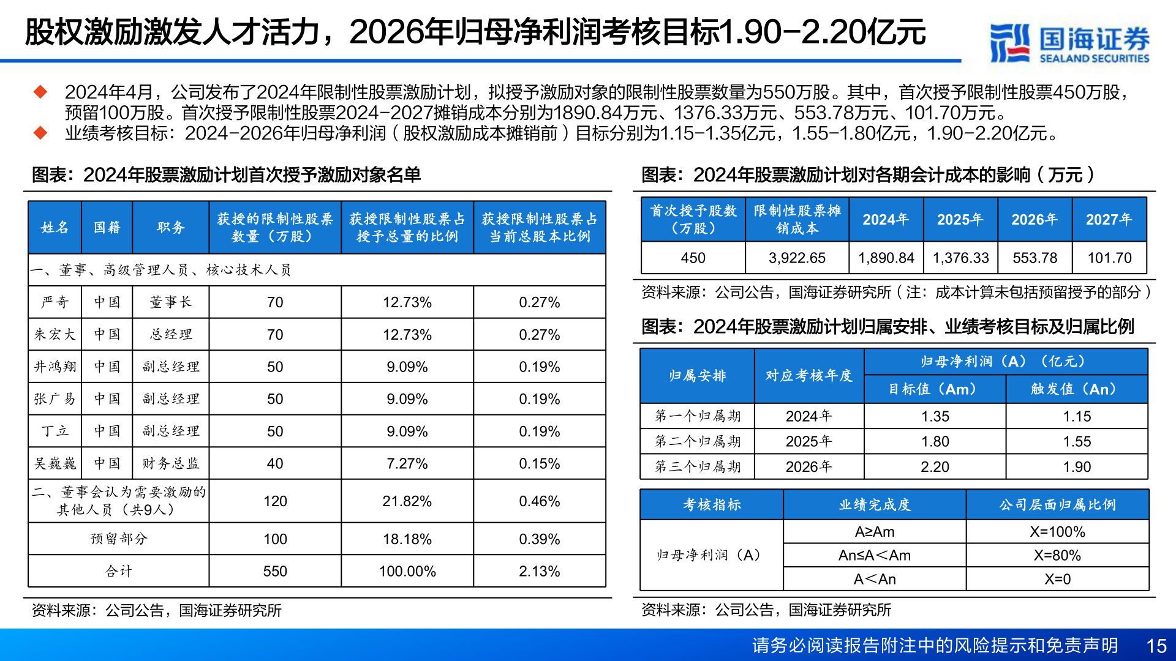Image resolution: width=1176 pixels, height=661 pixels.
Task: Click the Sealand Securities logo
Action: click(x=1069, y=43)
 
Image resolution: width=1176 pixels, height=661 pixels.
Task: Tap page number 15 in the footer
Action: click(x=1156, y=646)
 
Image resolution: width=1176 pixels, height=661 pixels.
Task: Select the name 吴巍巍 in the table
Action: click(x=55, y=463)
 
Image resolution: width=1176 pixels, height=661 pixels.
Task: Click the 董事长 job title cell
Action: click(x=170, y=302)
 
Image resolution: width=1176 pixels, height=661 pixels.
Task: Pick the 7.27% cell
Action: click(x=407, y=463)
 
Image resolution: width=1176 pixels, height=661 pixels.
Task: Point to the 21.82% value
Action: click(x=407, y=501)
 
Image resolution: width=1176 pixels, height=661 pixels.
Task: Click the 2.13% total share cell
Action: click(x=539, y=571)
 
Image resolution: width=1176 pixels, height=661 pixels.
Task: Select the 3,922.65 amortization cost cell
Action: click(x=797, y=258)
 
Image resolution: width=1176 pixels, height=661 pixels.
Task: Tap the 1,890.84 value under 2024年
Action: click(x=886, y=258)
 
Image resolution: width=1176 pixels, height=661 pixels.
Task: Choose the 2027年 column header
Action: click(x=1109, y=220)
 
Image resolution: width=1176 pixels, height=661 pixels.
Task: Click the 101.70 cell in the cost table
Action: click(x=1109, y=258)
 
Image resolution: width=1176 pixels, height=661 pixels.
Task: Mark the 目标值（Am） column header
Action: click(x=934, y=389)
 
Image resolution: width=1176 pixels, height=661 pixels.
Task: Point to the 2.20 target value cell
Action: click(x=935, y=467)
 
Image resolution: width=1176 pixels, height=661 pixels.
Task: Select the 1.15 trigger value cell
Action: click(x=1077, y=416)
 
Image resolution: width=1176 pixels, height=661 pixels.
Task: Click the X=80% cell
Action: click(x=1057, y=555)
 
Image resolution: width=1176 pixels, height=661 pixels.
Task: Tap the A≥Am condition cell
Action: click(x=875, y=532)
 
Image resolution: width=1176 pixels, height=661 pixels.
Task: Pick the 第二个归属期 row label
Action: click(x=698, y=441)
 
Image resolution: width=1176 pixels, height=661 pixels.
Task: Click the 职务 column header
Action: click(x=170, y=228)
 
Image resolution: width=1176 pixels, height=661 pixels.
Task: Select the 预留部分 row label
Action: click(x=119, y=539)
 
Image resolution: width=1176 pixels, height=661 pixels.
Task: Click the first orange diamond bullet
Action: click(x=40, y=92)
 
